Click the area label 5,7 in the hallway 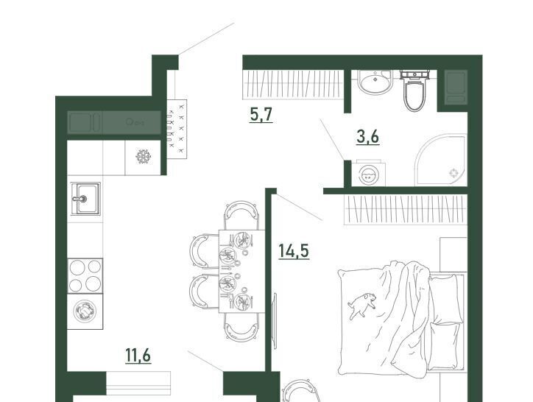[x=261, y=114]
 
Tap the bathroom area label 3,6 [x=368, y=137]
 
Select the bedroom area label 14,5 [x=294, y=251]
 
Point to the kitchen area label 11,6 [x=138, y=356]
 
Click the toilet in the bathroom [x=414, y=90]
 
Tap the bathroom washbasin [x=375, y=82]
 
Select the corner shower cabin [x=441, y=159]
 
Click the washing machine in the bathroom [x=369, y=175]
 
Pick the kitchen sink [x=85, y=199]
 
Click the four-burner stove [x=85, y=275]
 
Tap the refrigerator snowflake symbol [x=143, y=157]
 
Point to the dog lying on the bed [x=362, y=304]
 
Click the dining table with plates [x=241, y=271]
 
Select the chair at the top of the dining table [x=241, y=215]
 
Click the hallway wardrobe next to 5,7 [x=293, y=85]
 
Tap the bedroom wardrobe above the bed [x=406, y=210]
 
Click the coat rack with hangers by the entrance [x=177, y=129]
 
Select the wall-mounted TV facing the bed [x=275, y=320]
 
